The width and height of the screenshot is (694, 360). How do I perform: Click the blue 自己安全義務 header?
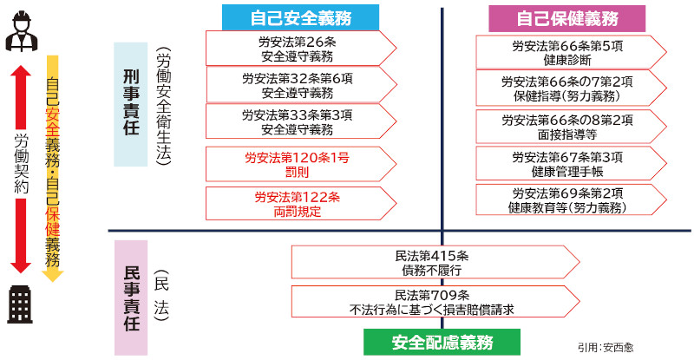[300, 17]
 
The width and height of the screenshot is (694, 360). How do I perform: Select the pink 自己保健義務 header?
[567, 18]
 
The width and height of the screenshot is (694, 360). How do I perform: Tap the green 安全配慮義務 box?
[442, 342]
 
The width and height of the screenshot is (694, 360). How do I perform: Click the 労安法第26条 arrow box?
[301, 49]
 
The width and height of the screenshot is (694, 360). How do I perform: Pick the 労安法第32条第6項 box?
[301, 85]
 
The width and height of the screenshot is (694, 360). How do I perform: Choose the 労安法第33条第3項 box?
[301, 121]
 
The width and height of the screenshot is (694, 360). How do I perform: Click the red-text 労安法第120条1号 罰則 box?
[301, 164]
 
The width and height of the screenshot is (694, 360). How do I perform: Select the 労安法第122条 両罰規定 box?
[301, 203]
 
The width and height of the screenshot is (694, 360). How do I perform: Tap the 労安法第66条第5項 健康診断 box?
[571, 52]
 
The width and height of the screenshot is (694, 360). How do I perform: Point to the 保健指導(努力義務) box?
[571, 88]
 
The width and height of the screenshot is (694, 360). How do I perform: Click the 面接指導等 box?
[571, 127]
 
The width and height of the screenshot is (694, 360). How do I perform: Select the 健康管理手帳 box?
[571, 163]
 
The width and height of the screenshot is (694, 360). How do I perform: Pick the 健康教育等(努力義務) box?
[571, 200]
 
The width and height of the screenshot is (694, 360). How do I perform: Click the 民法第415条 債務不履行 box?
[435, 262]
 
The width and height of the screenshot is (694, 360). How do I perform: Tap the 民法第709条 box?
[435, 302]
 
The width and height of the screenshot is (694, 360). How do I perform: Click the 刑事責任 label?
[131, 104]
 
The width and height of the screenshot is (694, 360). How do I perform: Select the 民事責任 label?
[131, 298]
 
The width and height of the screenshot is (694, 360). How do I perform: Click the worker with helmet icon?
[21, 31]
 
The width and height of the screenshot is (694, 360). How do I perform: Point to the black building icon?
[20, 304]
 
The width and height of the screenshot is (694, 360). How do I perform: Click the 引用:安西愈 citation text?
[605, 347]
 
